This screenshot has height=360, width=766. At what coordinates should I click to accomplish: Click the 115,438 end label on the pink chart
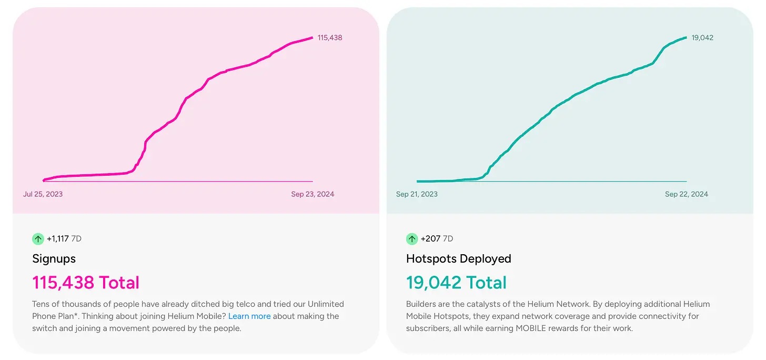(330, 38)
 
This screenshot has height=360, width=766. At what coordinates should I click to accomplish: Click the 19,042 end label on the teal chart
(702, 38)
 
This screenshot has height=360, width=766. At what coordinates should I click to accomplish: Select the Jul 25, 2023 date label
(43, 194)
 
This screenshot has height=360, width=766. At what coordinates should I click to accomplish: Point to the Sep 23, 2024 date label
(313, 194)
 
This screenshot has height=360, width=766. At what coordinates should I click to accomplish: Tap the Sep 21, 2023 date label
(417, 194)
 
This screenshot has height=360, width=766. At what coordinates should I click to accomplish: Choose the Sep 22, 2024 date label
(687, 194)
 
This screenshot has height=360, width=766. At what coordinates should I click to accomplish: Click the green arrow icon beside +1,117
(38, 239)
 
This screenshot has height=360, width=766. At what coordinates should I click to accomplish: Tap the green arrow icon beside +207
(412, 239)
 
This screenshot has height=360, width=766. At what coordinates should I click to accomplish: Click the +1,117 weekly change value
(58, 239)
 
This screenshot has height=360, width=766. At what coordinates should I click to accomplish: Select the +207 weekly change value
(430, 239)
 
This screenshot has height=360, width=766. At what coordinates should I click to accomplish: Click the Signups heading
(54, 259)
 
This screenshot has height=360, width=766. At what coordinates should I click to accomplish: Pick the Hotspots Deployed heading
(459, 259)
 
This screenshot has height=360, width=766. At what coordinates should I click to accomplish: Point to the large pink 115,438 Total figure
(86, 283)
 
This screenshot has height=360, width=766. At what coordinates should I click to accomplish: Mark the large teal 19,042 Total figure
(456, 283)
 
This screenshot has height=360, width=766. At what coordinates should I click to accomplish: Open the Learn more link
(249, 316)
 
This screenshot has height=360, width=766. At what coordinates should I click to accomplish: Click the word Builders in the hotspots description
(421, 304)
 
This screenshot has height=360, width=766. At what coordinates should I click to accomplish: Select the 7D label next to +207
(448, 239)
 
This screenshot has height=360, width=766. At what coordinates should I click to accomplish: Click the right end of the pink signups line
(312, 38)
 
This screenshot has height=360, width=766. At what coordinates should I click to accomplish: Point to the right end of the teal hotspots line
(686, 37)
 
